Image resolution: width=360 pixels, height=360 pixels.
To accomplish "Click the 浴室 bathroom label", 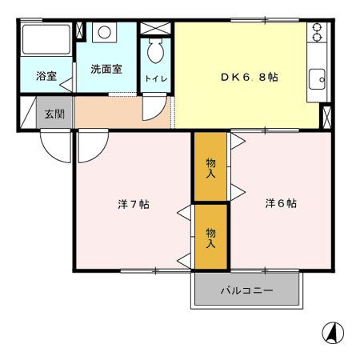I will pos(46,78).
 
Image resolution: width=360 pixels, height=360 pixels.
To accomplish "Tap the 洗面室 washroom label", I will pos(106,69).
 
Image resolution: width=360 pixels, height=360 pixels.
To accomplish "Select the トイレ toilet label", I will pos(155,78).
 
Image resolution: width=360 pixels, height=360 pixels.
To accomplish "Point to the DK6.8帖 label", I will pos(249,78).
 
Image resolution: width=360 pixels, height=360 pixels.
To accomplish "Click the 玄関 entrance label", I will pos(54,113).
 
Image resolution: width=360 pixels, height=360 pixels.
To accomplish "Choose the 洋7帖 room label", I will pos(134,204).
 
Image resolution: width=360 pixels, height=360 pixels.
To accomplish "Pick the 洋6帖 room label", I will pos(281,203).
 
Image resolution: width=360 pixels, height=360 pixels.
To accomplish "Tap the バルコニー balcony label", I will pos(246,290).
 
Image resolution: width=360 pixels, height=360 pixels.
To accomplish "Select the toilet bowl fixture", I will pos(156,54).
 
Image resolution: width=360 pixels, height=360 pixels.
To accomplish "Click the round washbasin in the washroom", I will pos(104,34).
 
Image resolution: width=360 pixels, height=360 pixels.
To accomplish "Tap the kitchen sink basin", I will pos(318,78).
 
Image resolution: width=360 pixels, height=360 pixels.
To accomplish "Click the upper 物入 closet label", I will pos(211,167).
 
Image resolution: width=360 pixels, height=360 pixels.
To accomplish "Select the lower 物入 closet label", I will pos(211,238).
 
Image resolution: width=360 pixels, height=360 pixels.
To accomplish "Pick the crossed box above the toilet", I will pos(156,27).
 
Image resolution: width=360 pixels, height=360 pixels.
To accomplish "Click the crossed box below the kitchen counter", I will pos(326,117).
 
